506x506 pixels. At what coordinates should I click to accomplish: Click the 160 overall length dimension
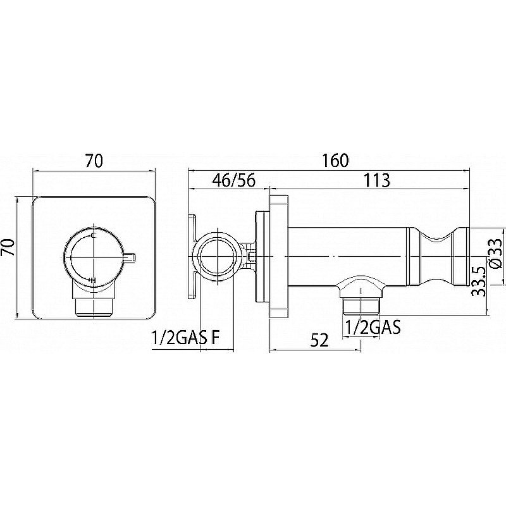pyautogui.click(x=336, y=161)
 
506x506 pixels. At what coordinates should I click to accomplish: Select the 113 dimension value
pyautogui.click(x=377, y=180)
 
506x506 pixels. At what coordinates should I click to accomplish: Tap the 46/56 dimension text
pyautogui.click(x=234, y=180)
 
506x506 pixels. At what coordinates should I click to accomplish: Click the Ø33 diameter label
pyautogui.click(x=495, y=252)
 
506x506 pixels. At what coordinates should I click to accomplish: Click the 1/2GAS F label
pyautogui.click(x=185, y=338)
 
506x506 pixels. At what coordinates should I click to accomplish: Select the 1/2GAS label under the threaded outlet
pyautogui.click(x=373, y=327)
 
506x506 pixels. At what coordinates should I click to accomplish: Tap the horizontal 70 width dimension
pyautogui.click(x=94, y=161)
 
